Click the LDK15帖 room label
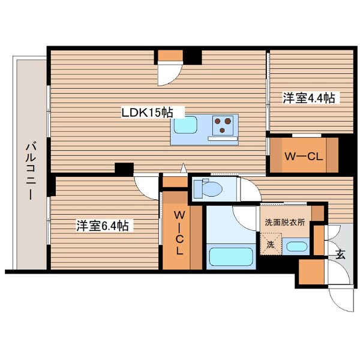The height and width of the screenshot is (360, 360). tap(148, 112)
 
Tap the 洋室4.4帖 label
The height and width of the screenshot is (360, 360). tap(309, 98)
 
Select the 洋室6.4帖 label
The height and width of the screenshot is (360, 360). tap(101, 226)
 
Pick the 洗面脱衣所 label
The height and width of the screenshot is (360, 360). tap(285, 221)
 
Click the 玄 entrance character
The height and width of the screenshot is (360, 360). tap(340, 254)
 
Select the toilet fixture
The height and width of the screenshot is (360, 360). tap(209, 188)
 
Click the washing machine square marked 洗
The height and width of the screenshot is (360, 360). tap(270, 245)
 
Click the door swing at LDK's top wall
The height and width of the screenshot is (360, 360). tap(169, 74)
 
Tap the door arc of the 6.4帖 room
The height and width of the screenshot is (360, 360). tap(145, 183)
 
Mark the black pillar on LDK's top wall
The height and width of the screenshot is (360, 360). tap(192, 56)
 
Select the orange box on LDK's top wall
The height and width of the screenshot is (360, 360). tap(170, 56)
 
